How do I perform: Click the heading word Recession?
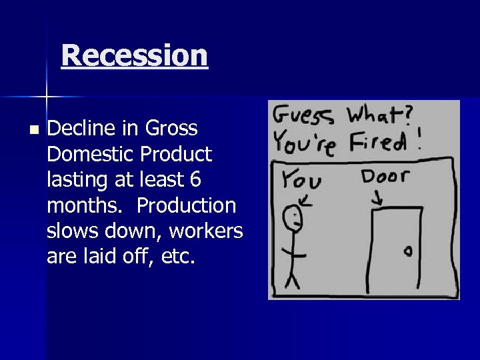coord(134,55)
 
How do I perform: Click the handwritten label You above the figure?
coord(300,179)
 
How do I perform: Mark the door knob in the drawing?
coord(407,251)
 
